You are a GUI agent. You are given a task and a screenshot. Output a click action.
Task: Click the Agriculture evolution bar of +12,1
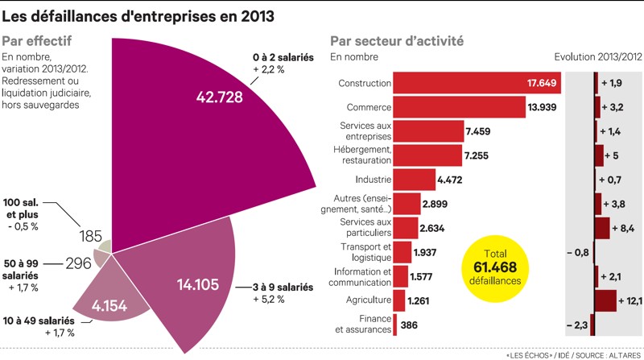pyautogui.click(x=608, y=300)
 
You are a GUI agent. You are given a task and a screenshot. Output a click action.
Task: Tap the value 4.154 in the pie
pyautogui.click(x=110, y=306)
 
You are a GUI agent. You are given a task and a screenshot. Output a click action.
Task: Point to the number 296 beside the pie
pyautogui.click(x=77, y=263)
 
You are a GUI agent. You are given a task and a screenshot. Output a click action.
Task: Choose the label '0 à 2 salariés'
pyautogui.click(x=284, y=58)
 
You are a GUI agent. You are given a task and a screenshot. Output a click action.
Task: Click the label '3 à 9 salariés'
pyautogui.click(x=283, y=287)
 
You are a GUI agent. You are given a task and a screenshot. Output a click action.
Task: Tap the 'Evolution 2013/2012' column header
pyautogui.click(x=598, y=56)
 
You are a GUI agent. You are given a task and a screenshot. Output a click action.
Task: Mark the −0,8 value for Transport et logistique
pyautogui.click(x=579, y=253)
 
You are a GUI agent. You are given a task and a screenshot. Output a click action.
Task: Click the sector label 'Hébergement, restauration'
pyautogui.click(x=361, y=155)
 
